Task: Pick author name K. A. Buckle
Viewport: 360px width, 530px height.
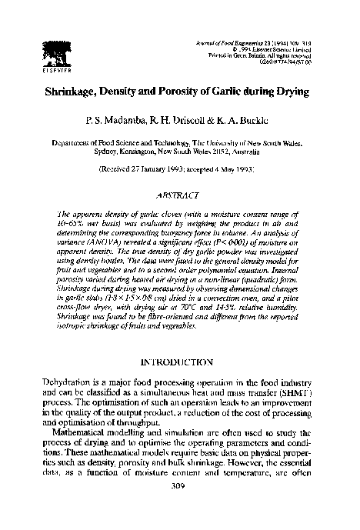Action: click(248, 122)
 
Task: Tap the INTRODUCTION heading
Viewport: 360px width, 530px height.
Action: click(178, 361)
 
